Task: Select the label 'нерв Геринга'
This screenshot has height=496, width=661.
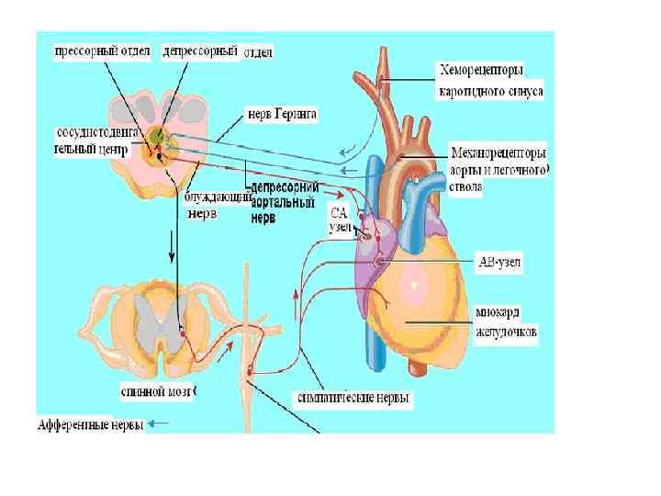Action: [282, 115]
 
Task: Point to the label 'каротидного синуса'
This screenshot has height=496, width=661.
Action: [491, 91]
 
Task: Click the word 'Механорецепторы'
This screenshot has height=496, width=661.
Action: [498, 151]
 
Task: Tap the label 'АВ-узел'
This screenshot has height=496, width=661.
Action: [497, 261]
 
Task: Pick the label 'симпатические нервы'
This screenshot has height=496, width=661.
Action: [354, 399]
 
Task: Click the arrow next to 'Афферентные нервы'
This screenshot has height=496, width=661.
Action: [158, 424]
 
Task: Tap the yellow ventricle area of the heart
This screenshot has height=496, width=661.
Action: [431, 294]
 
